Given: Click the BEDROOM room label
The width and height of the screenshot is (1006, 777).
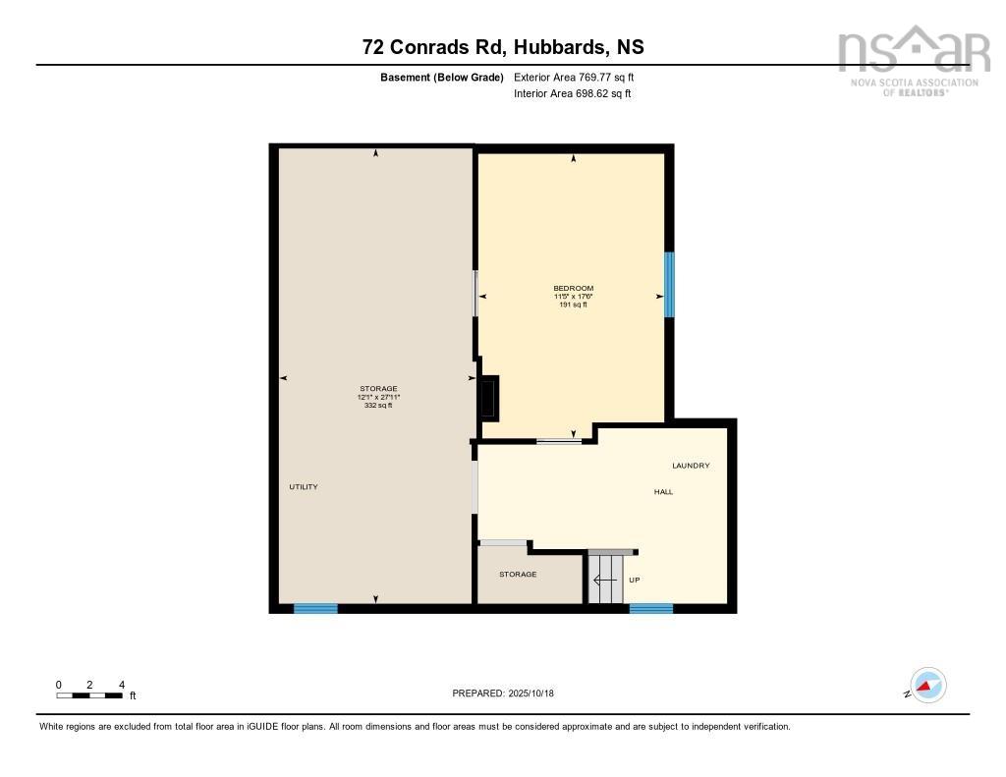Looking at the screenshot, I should pos(573,288).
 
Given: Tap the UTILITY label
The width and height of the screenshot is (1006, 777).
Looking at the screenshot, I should pos(304,487).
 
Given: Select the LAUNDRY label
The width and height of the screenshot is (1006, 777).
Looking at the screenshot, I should pos(691,466).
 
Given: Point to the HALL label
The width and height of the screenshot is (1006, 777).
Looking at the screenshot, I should pos(664,491).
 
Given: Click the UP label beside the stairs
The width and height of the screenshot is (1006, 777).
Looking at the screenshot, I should pos(635,580).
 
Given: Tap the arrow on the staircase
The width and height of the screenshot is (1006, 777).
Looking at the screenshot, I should pos(604,580).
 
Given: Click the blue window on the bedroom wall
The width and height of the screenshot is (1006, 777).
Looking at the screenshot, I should pos(669,285).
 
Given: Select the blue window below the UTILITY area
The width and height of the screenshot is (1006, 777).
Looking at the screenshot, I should pos(315,609).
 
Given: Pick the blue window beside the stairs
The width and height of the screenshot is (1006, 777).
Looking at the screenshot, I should pos(650,609).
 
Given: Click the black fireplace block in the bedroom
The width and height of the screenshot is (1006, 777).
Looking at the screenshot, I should pos(489,399).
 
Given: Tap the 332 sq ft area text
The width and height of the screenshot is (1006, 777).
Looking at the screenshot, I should pos(378,405).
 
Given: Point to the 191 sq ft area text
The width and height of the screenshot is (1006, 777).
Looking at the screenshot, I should pos(573,305).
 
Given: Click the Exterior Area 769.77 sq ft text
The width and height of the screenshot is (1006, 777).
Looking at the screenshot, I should pos(581,77).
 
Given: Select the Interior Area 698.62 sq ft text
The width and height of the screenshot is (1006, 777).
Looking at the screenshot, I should pos(572,94).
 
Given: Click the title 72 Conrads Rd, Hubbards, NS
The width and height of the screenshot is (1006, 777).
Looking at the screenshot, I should pos(502,47).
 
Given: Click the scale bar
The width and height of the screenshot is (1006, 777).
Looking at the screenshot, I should pos(89,695).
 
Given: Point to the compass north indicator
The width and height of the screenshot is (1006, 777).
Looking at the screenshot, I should pos(926,686).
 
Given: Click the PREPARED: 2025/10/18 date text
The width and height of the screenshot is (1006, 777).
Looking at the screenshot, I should pos(503,694).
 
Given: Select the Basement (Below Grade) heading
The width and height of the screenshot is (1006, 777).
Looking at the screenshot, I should pos(441,77).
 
